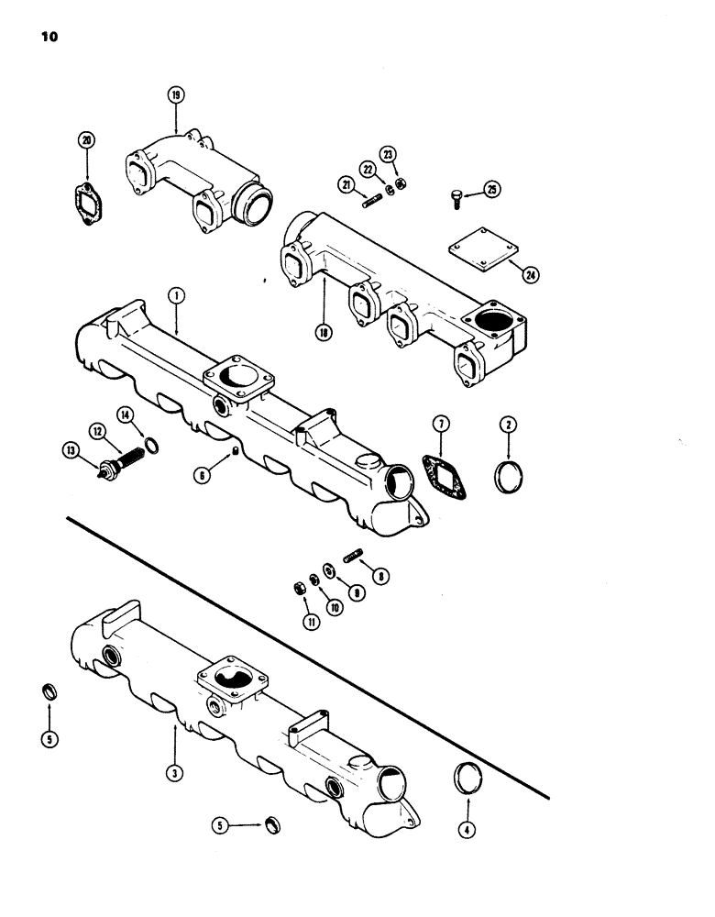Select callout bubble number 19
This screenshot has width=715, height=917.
(175, 94)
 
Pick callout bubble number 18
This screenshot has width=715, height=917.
(324, 334)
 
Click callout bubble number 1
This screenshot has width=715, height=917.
(175, 295)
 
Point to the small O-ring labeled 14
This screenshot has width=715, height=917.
(157, 447)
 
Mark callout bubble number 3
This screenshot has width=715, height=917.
(175, 772)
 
